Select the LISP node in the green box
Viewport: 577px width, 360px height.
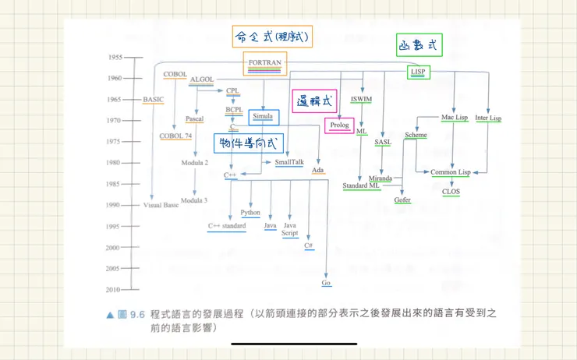pyautogui.click(x=418, y=72)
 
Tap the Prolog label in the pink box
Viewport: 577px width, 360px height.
pyautogui.click(x=339, y=125)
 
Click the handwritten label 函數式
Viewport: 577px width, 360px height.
pyautogui.click(x=419, y=47)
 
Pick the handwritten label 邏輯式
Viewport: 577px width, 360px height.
pyautogui.click(x=315, y=101)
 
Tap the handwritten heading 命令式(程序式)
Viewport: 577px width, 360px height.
pyautogui.click(x=272, y=36)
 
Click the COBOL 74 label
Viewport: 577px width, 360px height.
pyautogui.click(x=175, y=136)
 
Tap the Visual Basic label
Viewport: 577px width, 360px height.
pyautogui.click(x=162, y=205)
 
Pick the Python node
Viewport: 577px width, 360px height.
pyautogui.click(x=250, y=212)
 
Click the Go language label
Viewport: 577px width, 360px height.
pyautogui.click(x=326, y=283)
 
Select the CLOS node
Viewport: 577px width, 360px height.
pyautogui.click(x=451, y=191)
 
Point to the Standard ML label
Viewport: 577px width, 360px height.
pyautogui.click(x=361, y=185)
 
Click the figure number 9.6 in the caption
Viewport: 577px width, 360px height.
pyautogui.click(x=137, y=314)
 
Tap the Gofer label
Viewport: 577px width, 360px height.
pyautogui.click(x=402, y=199)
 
